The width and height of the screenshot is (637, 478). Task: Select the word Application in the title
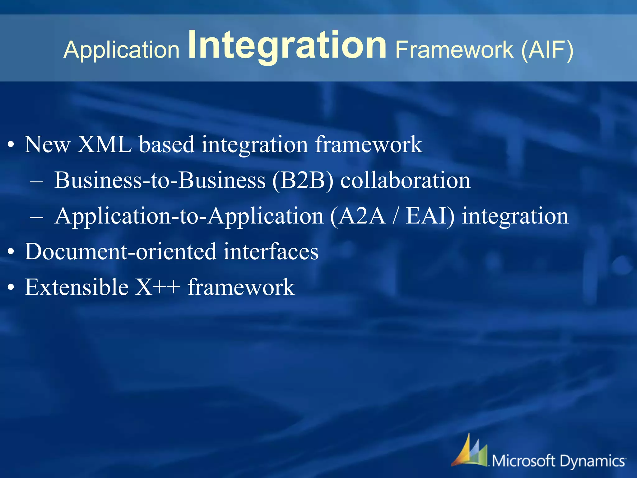point(121,50)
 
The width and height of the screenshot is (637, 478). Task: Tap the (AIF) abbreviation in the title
point(547,50)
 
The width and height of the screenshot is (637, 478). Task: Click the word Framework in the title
point(454,50)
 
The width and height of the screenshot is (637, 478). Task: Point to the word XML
point(104,145)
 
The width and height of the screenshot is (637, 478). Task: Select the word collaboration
point(405,180)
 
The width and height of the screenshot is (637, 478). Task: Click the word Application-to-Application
point(189,216)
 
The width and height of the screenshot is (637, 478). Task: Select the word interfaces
point(271,251)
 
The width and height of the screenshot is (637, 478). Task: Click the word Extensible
point(77,287)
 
